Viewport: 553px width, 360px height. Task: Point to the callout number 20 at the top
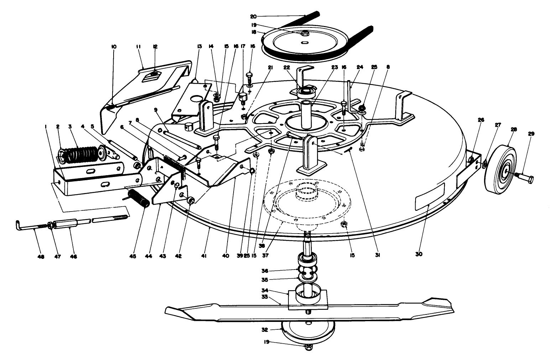pyautogui.click(x=253, y=16)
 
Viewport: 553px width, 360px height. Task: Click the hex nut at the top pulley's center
pyautogui.click(x=305, y=33)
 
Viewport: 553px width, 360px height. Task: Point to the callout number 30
pyautogui.click(x=419, y=254)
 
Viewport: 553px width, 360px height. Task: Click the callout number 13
pyautogui.click(x=199, y=46)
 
